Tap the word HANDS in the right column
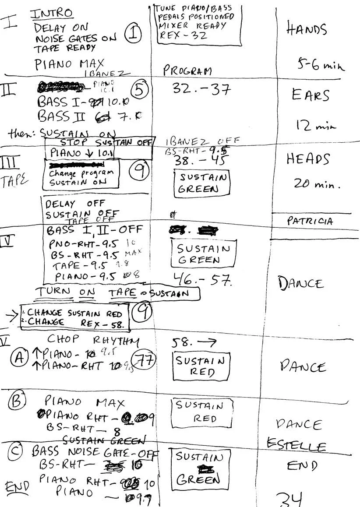point(307,29)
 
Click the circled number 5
point(139,90)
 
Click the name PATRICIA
point(310,221)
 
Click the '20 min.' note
point(317,184)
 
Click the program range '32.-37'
point(201,90)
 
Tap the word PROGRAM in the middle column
point(187,70)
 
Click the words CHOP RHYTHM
point(93,340)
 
